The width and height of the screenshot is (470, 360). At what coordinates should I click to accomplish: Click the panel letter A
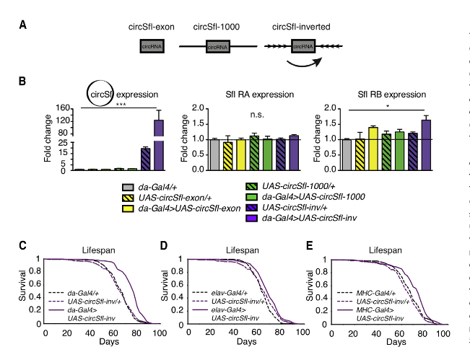click(x=24, y=25)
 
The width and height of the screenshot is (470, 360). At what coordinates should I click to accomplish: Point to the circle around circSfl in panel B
click(x=99, y=93)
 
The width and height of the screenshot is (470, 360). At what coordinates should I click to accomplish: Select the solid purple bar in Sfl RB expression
click(x=426, y=144)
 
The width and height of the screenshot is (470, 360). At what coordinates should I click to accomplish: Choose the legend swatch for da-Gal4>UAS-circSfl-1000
click(x=250, y=196)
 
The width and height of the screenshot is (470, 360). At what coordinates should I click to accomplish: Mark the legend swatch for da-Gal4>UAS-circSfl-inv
click(x=250, y=216)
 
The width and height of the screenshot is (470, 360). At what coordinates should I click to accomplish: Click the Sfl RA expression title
click(x=243, y=95)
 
